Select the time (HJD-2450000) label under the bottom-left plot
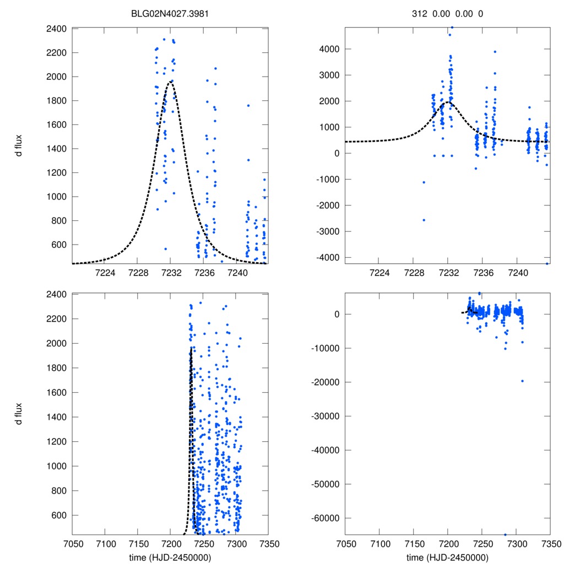pos(170,557)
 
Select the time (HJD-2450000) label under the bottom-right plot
pos(447,557)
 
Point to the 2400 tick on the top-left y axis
pos(57,29)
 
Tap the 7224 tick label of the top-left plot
pos(105,273)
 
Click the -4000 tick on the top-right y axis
pos(328,257)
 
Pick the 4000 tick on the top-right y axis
pos(331,49)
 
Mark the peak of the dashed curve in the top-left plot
pos(171,82)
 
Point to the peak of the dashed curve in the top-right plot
pos(448,102)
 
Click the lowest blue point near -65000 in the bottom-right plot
pos(505,534)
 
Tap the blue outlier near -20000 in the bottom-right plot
pos(523,381)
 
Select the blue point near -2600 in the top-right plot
pos(424,220)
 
